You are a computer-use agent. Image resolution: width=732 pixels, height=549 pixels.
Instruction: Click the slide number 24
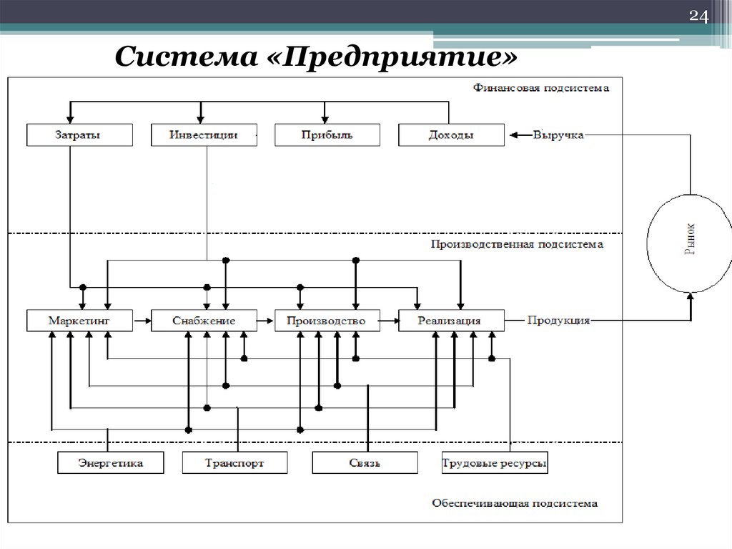[x=697, y=17]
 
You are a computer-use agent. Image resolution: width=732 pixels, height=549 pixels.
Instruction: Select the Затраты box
[x=79, y=135]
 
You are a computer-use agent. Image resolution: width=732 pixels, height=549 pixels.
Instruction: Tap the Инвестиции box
[x=204, y=135]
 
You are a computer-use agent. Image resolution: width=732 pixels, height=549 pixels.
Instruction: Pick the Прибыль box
[x=327, y=135]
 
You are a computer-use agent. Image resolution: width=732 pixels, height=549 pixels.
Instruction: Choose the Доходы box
[x=451, y=135]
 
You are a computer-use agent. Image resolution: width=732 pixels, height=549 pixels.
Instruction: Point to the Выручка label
[x=558, y=135]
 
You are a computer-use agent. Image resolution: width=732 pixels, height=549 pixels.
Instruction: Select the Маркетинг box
[x=79, y=321]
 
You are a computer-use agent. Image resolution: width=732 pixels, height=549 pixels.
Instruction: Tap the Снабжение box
[x=204, y=321]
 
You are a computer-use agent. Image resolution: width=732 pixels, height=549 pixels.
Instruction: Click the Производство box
[x=327, y=321]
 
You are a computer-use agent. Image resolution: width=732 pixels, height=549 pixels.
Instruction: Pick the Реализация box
[x=451, y=321]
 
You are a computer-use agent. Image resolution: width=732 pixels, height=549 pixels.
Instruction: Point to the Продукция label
[x=558, y=321]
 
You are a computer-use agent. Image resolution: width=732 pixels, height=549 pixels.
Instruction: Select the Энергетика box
[x=110, y=463]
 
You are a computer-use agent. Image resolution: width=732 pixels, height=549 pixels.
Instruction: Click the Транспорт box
[x=234, y=463]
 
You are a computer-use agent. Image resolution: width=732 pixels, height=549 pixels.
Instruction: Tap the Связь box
[x=365, y=463]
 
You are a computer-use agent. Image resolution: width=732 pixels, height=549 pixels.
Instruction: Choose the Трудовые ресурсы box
[x=495, y=463]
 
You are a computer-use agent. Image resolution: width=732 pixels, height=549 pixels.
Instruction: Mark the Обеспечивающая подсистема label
[x=515, y=503]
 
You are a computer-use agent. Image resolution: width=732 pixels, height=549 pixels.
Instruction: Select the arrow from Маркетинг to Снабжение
[x=142, y=321]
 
